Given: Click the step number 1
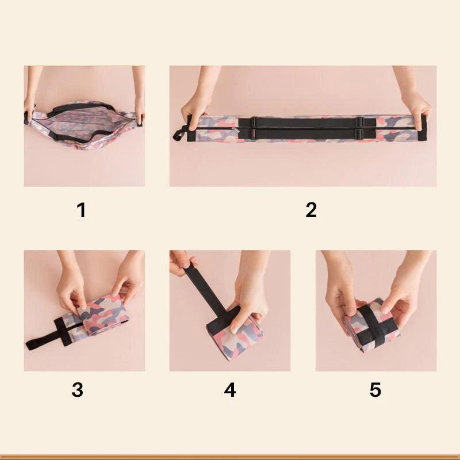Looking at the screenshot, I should click(x=82, y=210).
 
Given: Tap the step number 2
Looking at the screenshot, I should click(x=311, y=210).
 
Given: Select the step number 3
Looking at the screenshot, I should click(x=78, y=390).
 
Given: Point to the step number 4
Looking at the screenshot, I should click(x=230, y=390).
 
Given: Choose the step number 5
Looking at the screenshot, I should click(x=375, y=390).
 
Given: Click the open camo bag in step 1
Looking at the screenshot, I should click(x=83, y=125).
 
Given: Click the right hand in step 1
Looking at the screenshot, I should click(x=139, y=106).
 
